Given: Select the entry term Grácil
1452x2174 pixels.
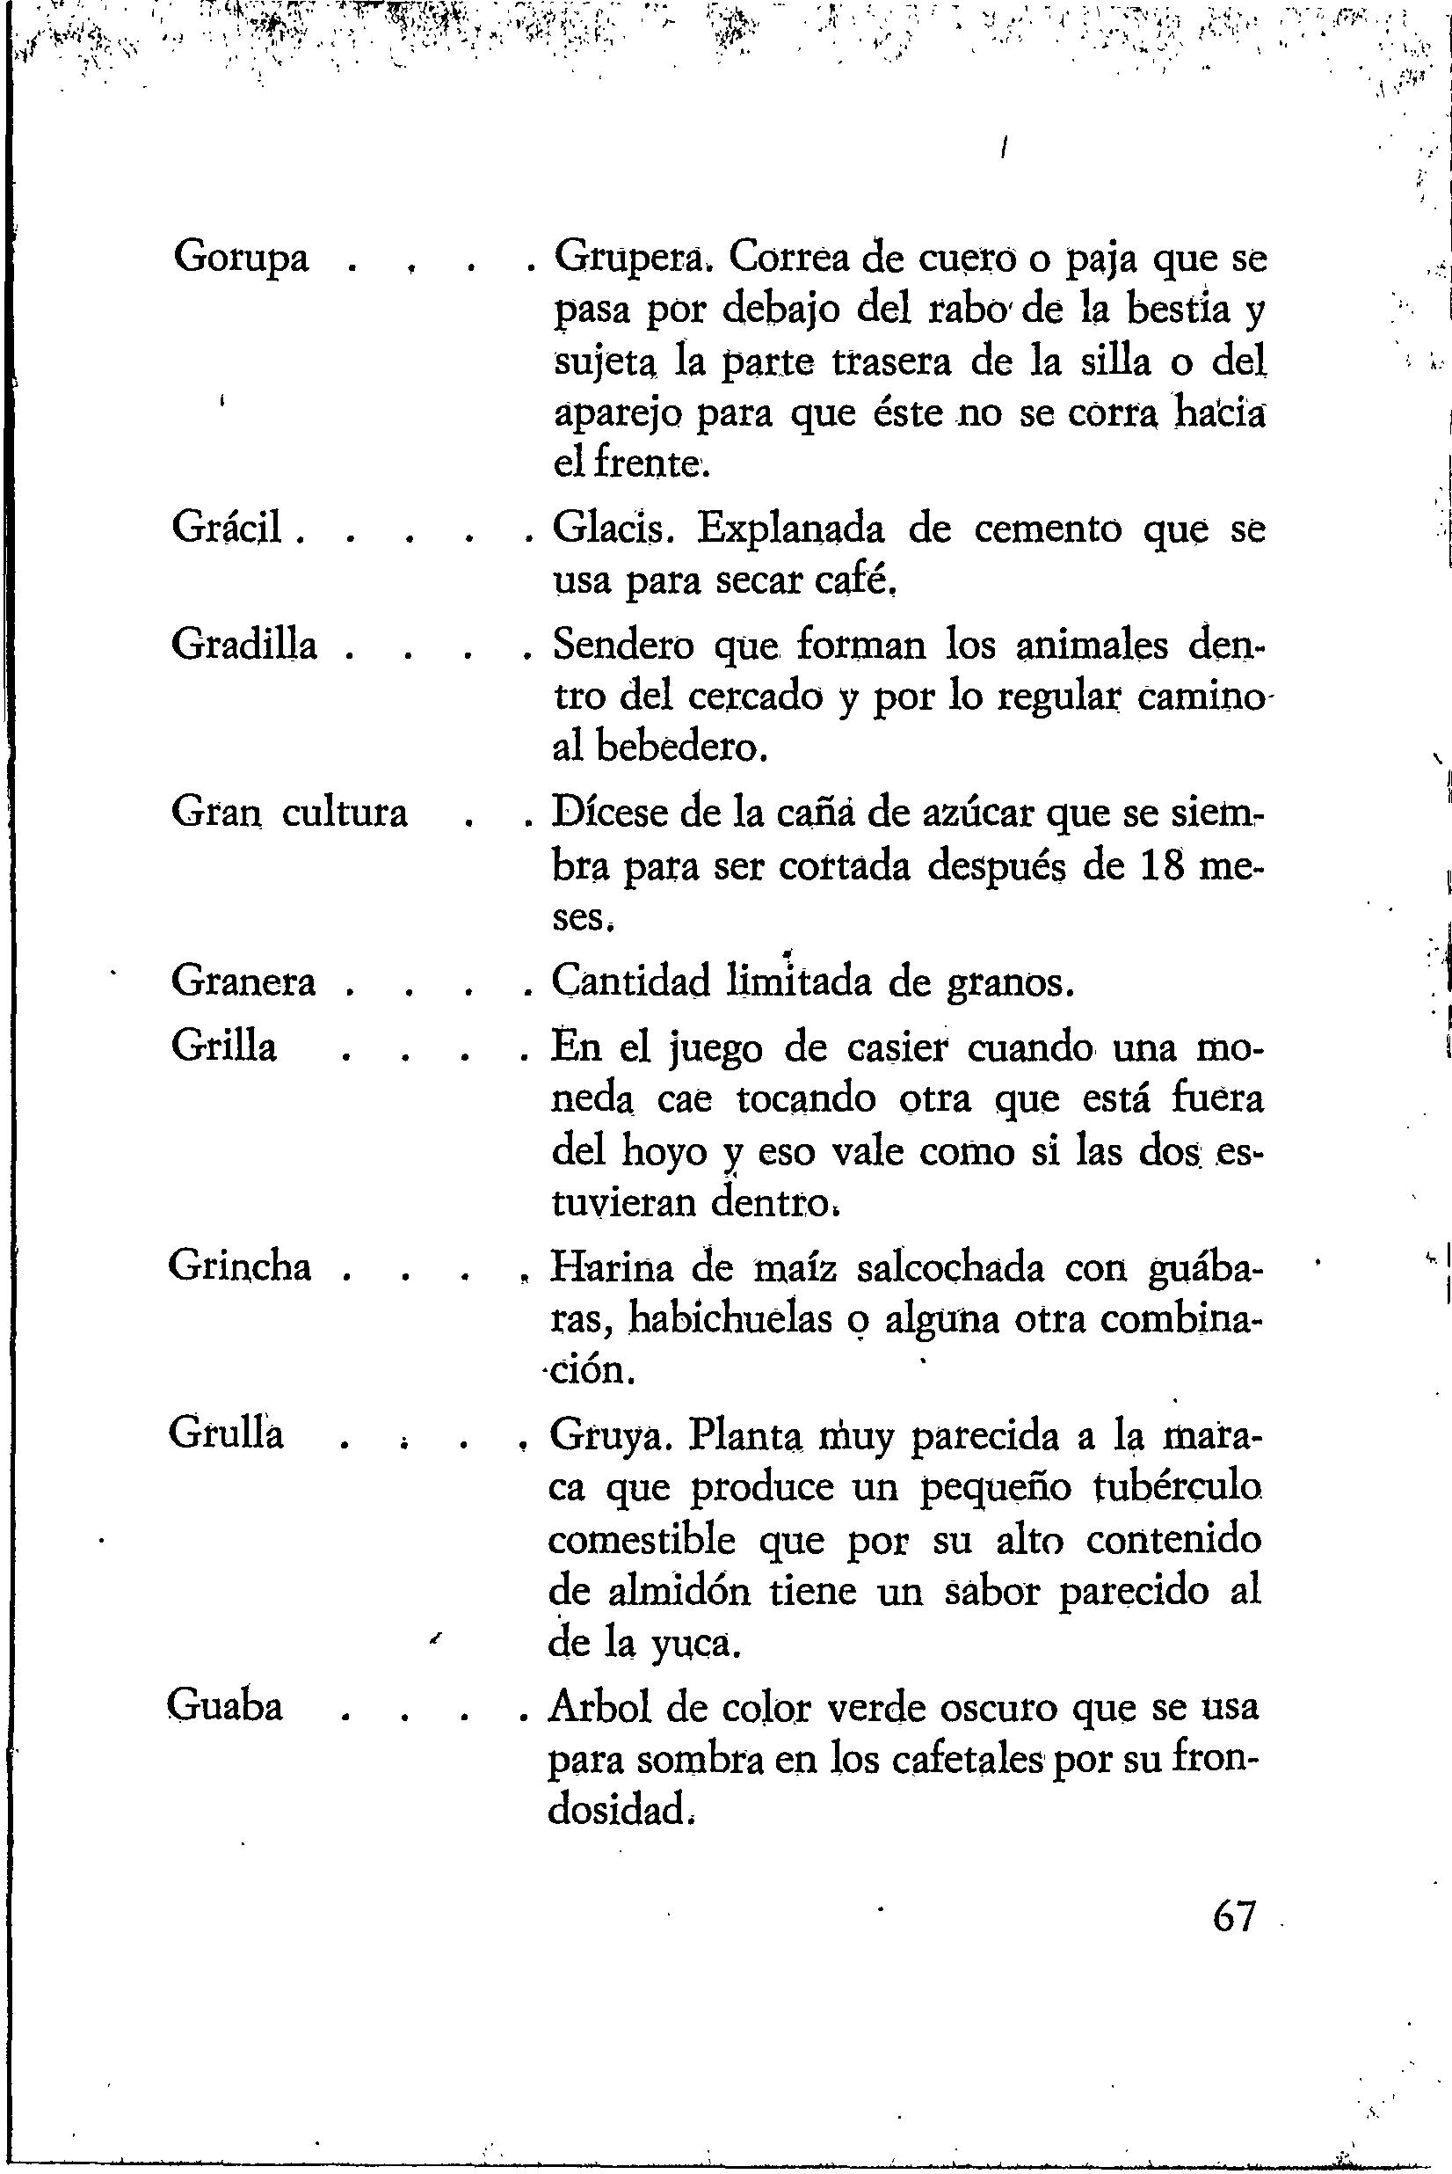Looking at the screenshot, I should [x=227, y=529].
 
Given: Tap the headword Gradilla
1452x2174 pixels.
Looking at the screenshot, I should [x=244, y=644].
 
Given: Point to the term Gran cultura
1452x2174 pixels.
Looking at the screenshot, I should [x=289, y=813].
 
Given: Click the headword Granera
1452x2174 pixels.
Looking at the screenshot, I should [x=243, y=981].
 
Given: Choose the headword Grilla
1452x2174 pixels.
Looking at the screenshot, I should [x=224, y=1047].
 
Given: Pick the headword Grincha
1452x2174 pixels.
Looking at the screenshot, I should [x=240, y=1266].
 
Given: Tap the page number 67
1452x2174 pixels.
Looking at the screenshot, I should [x=1233, y=1916].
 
